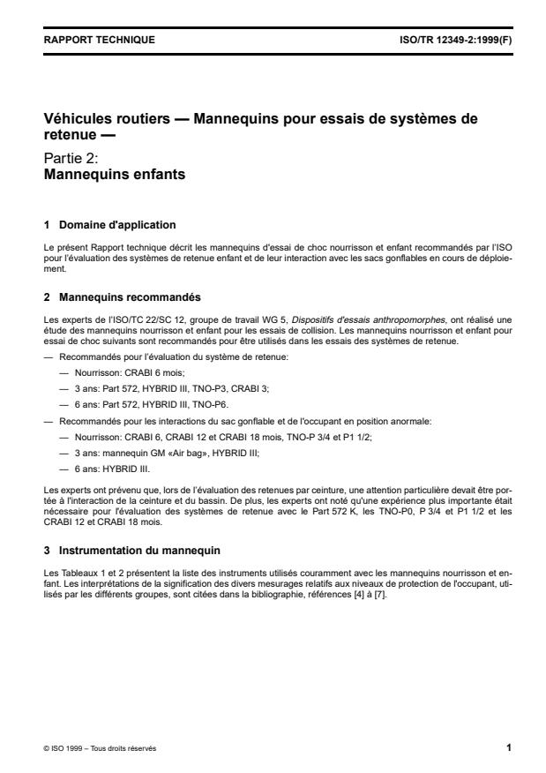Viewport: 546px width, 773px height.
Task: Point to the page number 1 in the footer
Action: pos(508,748)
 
